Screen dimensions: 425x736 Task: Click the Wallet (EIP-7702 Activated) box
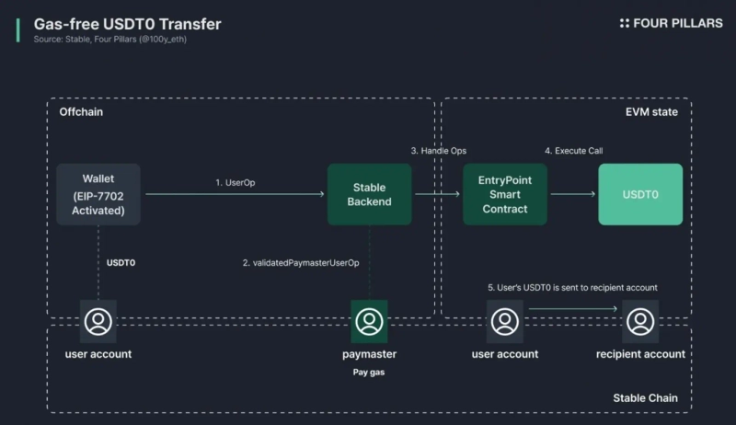click(98, 194)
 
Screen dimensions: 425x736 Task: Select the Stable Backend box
click(371, 194)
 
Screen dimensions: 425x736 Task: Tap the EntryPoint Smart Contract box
click(505, 194)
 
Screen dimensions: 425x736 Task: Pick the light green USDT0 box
click(640, 194)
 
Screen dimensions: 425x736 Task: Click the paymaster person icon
click(369, 321)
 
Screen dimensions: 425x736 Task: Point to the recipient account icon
click(639, 321)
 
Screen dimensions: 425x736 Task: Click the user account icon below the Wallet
click(98, 321)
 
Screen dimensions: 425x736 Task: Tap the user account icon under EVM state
click(504, 321)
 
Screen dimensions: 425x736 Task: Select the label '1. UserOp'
click(236, 183)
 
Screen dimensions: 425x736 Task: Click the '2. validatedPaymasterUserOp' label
click(301, 263)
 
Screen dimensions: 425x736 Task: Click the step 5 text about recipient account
click(572, 288)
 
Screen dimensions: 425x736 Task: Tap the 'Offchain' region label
click(81, 112)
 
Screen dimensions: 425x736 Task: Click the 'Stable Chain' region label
click(645, 397)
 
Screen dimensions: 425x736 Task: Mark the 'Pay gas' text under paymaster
click(369, 373)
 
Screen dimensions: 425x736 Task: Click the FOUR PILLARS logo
click(672, 23)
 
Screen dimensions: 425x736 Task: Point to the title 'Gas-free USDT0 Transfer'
click(127, 24)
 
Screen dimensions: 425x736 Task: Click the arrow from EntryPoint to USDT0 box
click(572, 194)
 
